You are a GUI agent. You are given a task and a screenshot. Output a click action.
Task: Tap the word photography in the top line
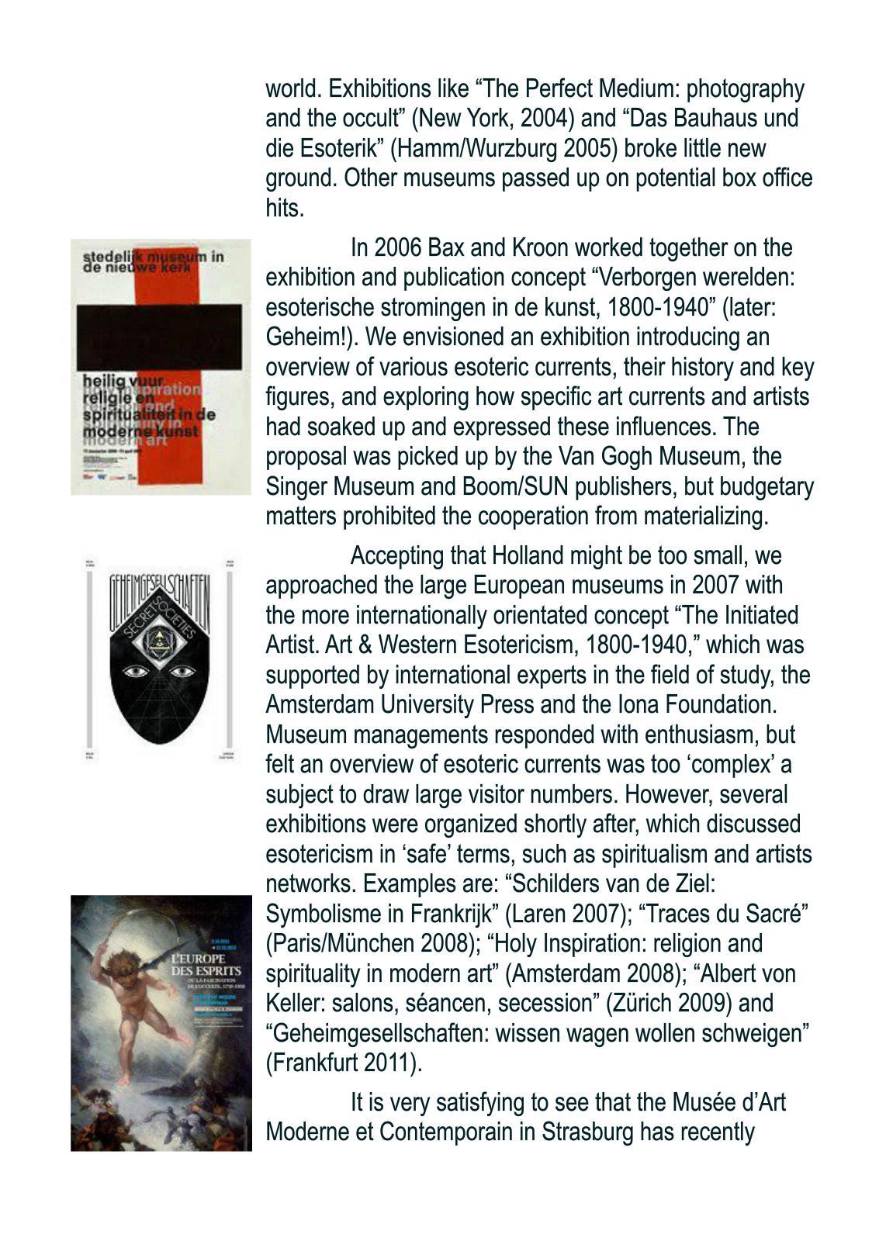[746, 89]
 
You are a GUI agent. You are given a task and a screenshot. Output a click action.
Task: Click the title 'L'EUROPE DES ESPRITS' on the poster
[206, 966]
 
